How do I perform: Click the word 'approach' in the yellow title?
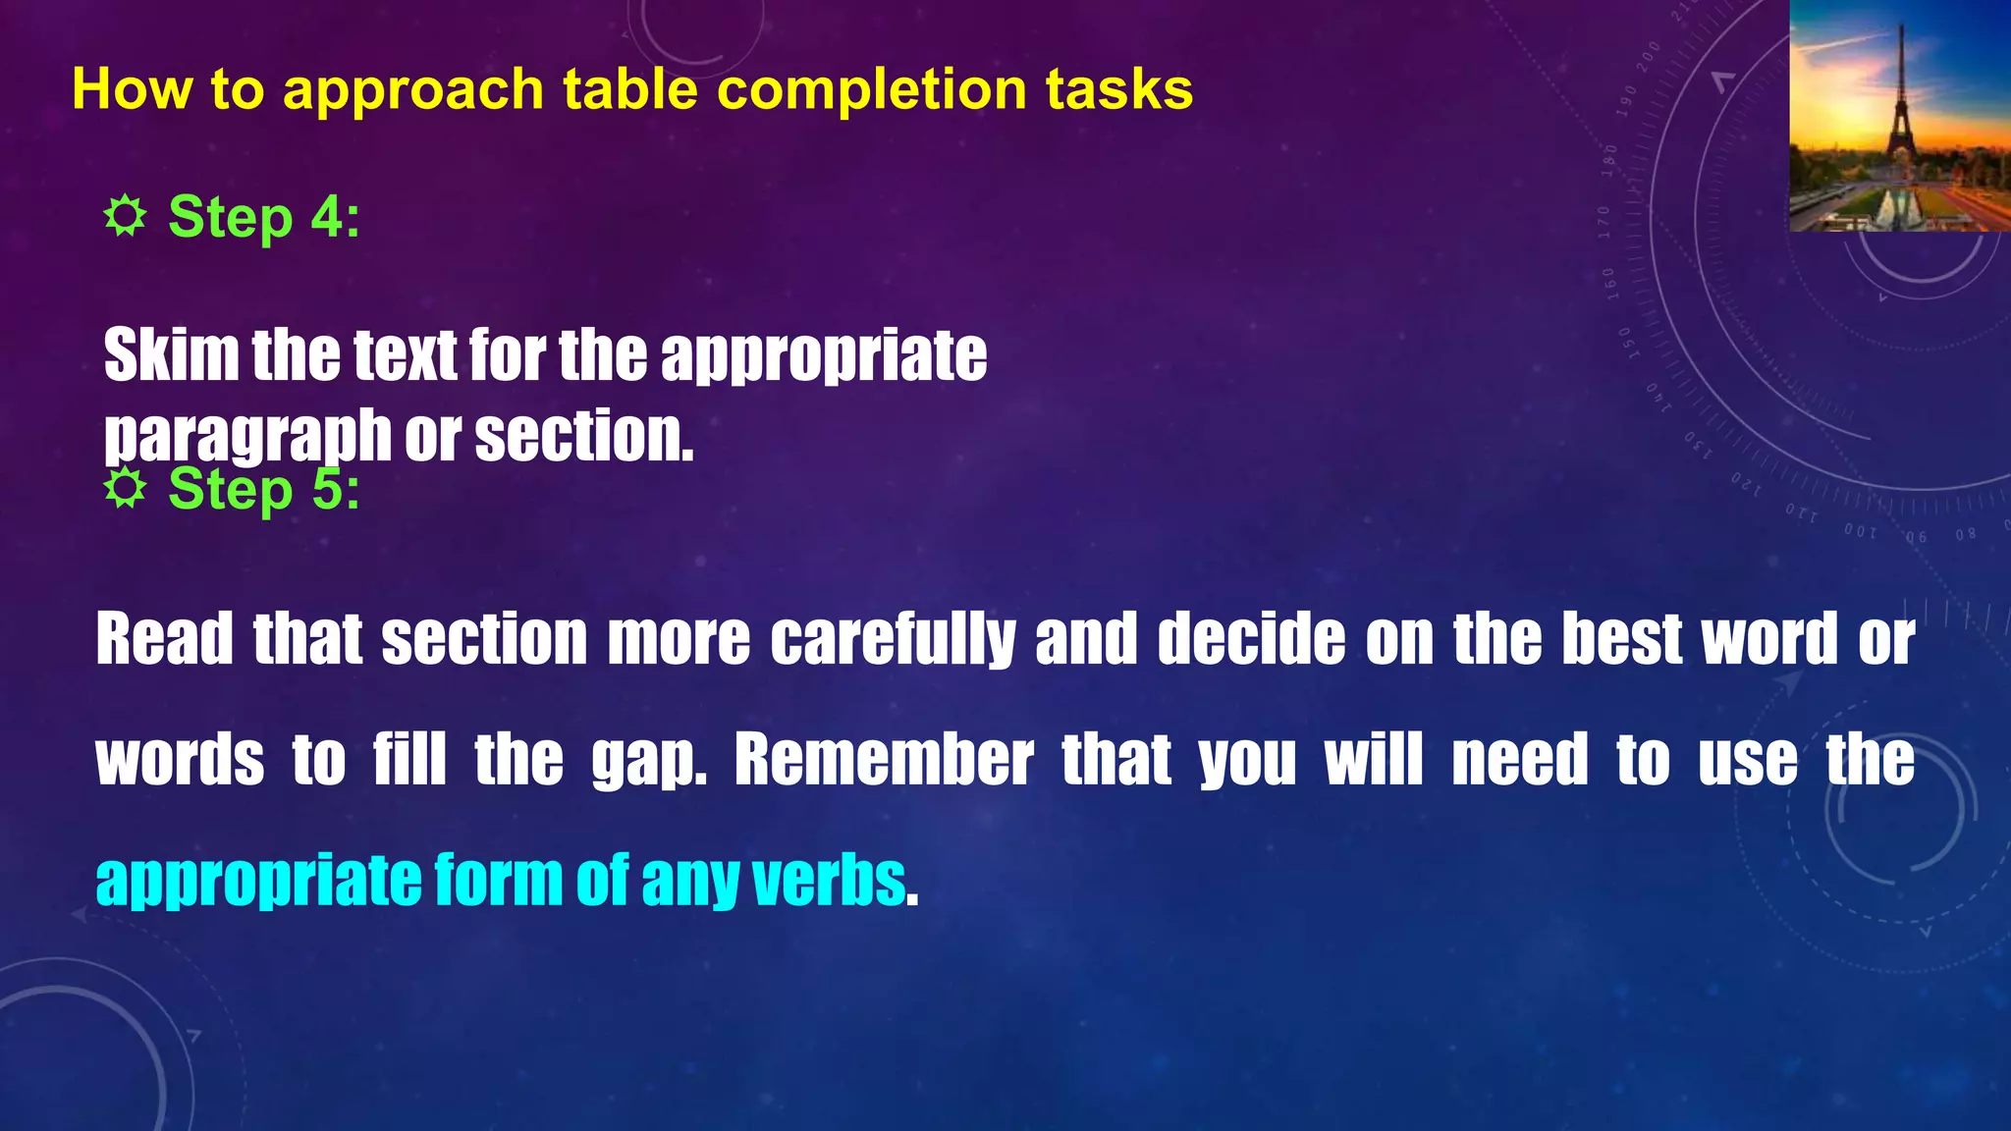click(412, 90)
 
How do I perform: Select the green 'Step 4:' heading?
click(263, 217)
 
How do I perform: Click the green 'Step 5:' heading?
click(263, 489)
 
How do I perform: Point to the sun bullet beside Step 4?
click(125, 216)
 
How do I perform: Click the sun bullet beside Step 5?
click(125, 488)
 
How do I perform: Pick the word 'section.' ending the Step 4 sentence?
click(584, 435)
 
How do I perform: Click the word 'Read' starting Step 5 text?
click(164, 639)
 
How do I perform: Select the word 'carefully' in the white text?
click(893, 639)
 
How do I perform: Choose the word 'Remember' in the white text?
click(884, 760)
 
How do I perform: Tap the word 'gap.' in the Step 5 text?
click(649, 760)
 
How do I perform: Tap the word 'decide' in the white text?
click(1251, 639)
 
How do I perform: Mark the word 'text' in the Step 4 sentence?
click(405, 354)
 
